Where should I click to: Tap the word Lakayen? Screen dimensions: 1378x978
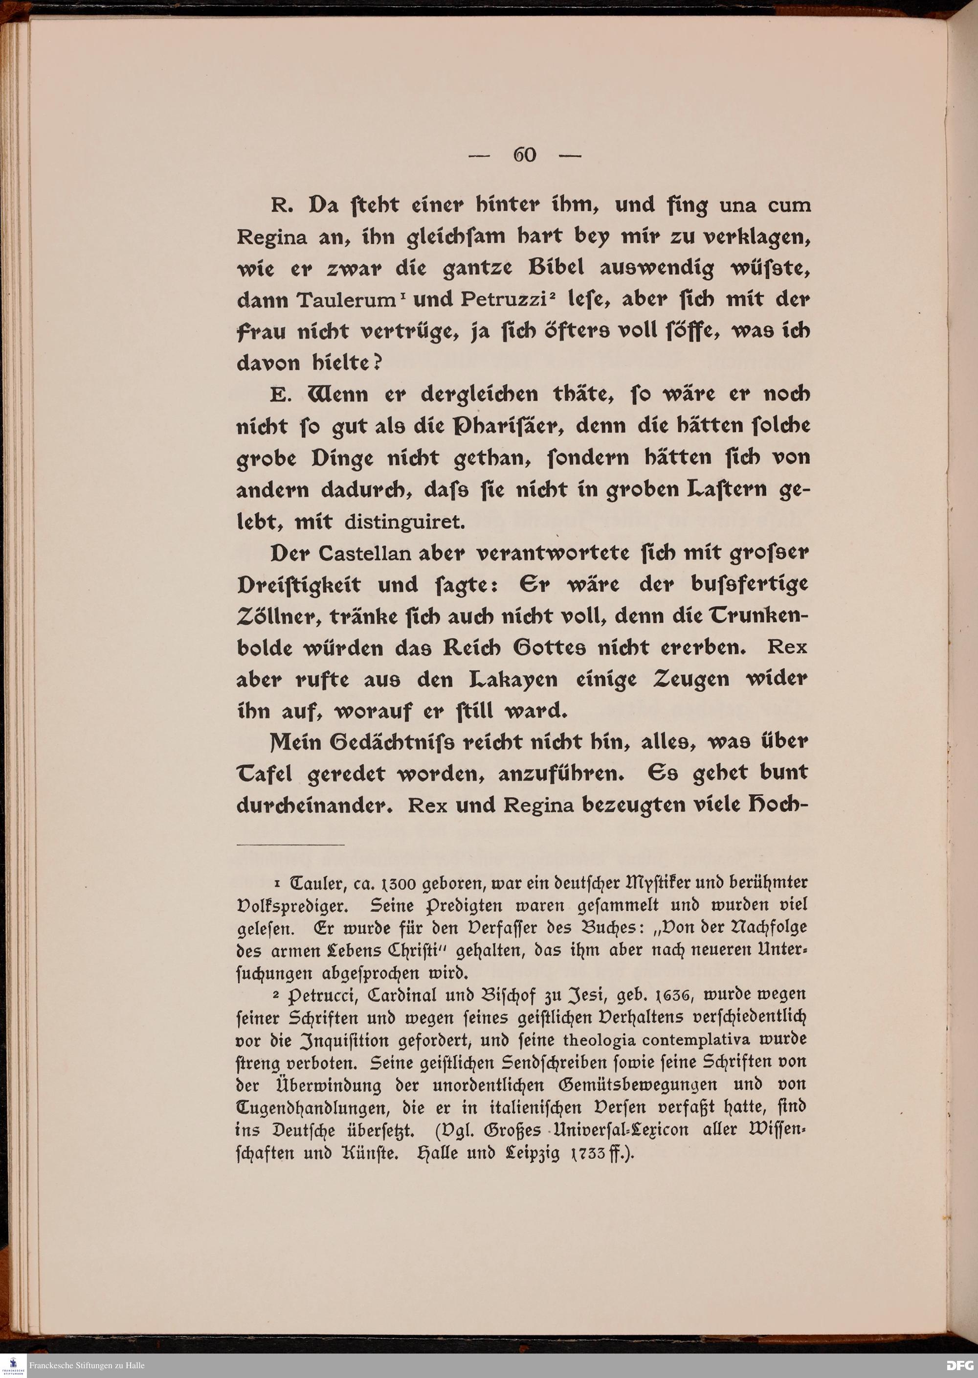pos(513,680)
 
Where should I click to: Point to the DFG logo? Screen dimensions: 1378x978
pos(960,1365)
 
